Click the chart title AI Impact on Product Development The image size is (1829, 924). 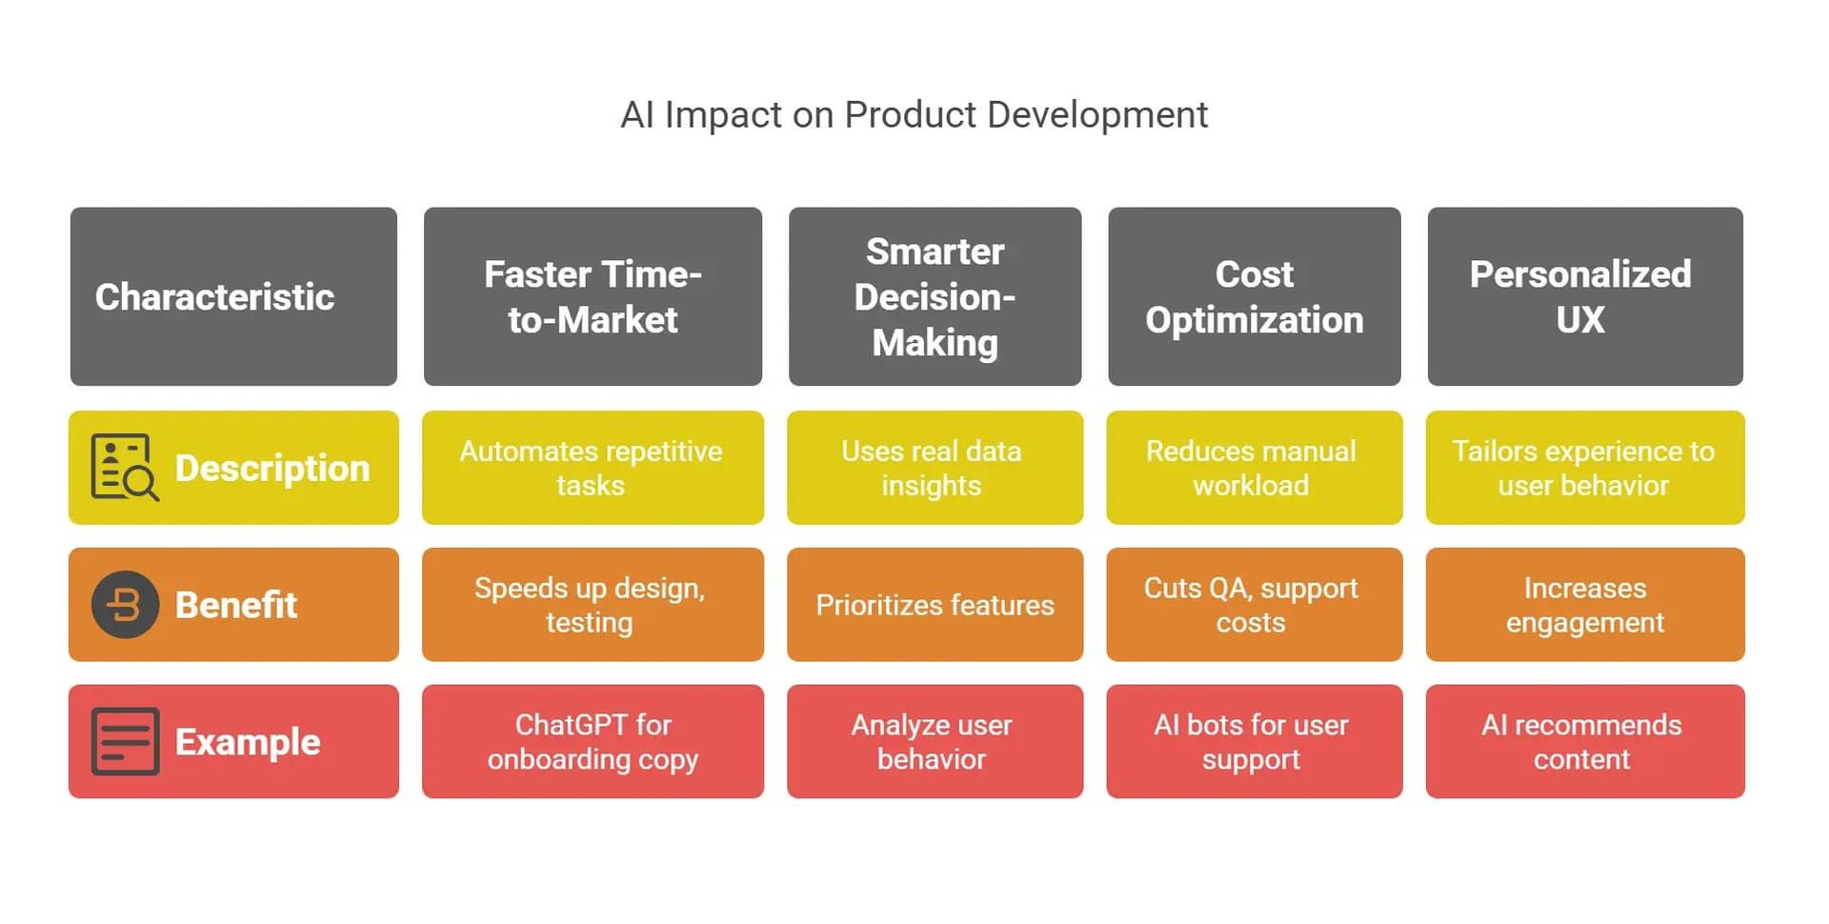pos(914,115)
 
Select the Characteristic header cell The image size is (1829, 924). pos(233,296)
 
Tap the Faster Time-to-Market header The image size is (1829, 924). pos(593,296)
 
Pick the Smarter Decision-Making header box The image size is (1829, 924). pos(935,296)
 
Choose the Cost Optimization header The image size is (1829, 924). pos(1254,296)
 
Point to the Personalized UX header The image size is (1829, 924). pos(1585,296)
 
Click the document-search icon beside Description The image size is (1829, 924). pos(125,467)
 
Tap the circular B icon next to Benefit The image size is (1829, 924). pos(125,604)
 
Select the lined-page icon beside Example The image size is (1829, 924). pos(125,741)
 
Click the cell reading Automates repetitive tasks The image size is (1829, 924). pos(593,468)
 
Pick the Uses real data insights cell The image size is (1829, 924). pos(935,468)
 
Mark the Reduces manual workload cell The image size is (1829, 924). pos(1254,468)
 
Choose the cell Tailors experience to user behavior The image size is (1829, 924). pos(1585,468)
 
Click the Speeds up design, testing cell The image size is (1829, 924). pos(593,605)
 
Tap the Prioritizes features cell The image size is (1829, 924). pos(935,605)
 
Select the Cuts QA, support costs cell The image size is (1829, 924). pos(1254,605)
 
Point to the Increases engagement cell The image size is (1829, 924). pos(1585,605)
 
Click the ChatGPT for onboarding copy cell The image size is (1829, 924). pos(593,741)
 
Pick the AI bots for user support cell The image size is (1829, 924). pos(1254,741)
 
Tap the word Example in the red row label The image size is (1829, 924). pos(248,742)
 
